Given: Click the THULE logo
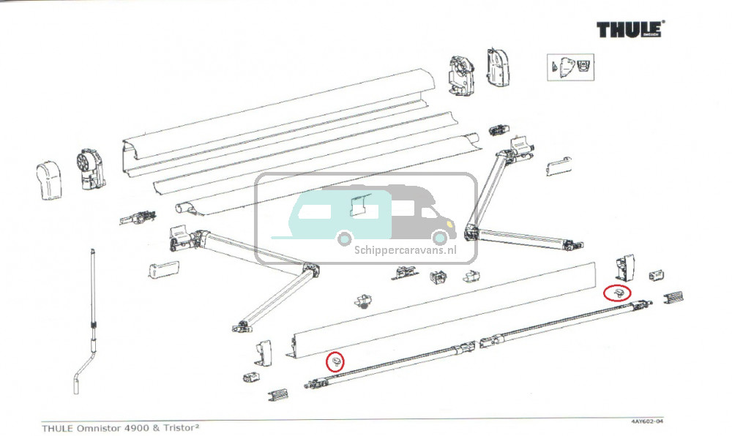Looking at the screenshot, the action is [x=630, y=29].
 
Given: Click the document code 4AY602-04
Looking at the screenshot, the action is [x=646, y=422].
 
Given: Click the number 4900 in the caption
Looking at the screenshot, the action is [x=136, y=428].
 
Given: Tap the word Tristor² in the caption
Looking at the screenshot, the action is [x=180, y=428].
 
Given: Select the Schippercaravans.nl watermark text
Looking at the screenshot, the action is [x=406, y=250].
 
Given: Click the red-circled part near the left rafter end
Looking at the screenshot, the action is [x=335, y=361].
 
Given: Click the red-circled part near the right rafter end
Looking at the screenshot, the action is [x=616, y=293].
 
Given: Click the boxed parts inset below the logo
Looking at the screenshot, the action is [x=570, y=67].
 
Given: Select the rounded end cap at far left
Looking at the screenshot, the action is [x=48, y=181].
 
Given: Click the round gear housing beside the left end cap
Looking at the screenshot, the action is [x=90, y=169].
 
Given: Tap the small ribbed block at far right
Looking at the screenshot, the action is [x=673, y=296].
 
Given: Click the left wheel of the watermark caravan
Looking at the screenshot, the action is [x=345, y=238].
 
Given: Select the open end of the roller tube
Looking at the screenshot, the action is [x=182, y=208].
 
